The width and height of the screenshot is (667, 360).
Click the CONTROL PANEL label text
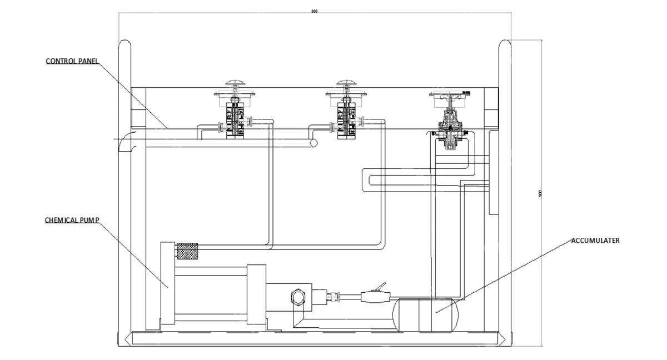click(72, 61)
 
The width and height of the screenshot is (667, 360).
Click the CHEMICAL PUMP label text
click(72, 220)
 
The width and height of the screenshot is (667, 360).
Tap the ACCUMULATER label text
click(595, 241)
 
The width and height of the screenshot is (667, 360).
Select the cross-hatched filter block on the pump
click(187, 252)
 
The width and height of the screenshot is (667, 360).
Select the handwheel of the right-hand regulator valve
click(450, 93)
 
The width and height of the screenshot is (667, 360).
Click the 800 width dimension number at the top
click(315, 11)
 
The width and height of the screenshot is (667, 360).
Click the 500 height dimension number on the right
click(540, 193)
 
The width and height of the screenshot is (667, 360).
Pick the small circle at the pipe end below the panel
click(313, 143)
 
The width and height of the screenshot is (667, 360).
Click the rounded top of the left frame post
click(125, 44)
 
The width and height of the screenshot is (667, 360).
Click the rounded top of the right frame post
click(505, 44)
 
